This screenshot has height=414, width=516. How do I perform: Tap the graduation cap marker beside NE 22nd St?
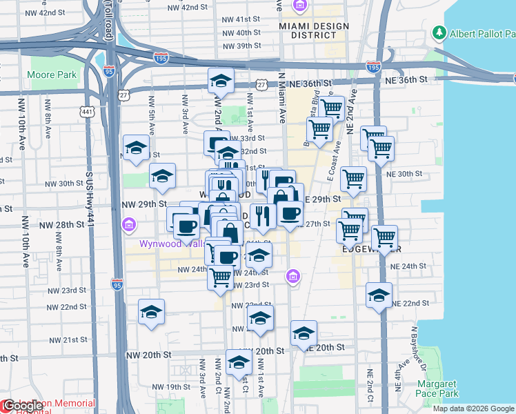(x=379, y=295)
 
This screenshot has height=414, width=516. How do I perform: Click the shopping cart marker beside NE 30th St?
(x=353, y=179)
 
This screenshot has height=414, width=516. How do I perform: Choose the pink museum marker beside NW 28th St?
(x=128, y=225)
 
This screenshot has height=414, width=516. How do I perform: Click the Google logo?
(x=22, y=406)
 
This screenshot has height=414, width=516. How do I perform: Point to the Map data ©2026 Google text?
(x=474, y=408)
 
